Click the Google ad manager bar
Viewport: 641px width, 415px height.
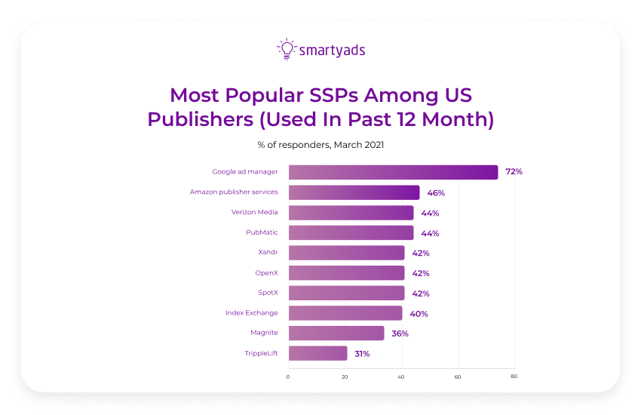coord(393,172)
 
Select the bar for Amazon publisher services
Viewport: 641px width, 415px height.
coord(354,192)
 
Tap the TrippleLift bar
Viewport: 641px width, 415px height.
coord(317,353)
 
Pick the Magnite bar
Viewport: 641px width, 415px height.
coord(336,334)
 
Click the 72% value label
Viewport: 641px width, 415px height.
coord(514,172)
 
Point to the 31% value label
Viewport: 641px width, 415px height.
coord(362,353)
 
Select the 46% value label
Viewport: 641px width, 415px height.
coord(435,192)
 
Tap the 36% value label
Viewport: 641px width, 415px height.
coord(400,334)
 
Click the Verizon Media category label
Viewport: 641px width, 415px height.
coord(254,213)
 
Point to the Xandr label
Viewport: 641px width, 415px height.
coord(268,253)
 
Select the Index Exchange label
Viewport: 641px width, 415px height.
coord(251,313)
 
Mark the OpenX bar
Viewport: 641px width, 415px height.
coord(346,273)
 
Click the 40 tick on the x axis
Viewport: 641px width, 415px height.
coord(402,376)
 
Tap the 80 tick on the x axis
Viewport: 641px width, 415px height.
coord(514,376)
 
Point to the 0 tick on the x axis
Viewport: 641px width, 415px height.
coord(288,376)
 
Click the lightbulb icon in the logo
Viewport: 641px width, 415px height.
coord(286,49)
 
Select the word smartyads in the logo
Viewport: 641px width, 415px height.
coord(332,51)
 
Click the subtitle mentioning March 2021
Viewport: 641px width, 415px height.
coord(320,144)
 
